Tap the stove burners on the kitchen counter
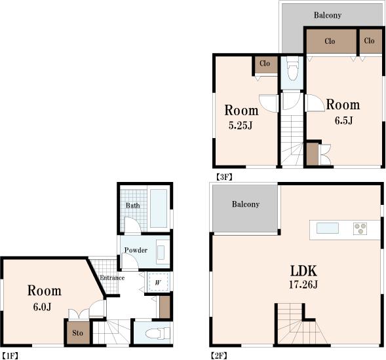coord(360,228)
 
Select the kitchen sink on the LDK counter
coord(328,228)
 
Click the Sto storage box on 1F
coord(77,333)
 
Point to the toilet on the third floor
coord(292,70)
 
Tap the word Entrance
coord(111,278)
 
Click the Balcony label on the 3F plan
coord(332,15)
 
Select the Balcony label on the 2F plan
coord(246,204)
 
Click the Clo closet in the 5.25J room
coord(265,64)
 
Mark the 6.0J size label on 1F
coord(44,306)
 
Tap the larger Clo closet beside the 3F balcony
coord(330,41)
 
